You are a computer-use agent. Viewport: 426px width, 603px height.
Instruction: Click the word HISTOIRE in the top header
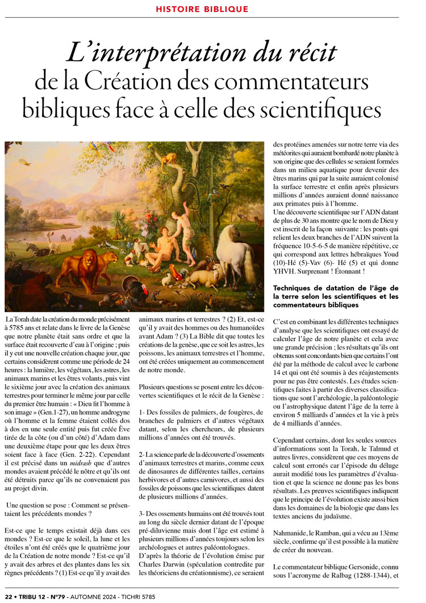180,9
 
